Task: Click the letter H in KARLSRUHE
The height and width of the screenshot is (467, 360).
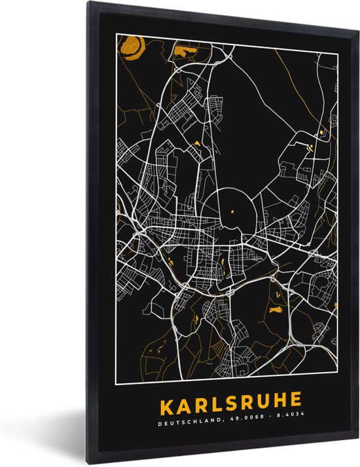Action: (277, 400)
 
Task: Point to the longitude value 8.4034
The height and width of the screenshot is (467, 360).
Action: (273, 417)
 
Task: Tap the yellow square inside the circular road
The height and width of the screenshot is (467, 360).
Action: (232, 210)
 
